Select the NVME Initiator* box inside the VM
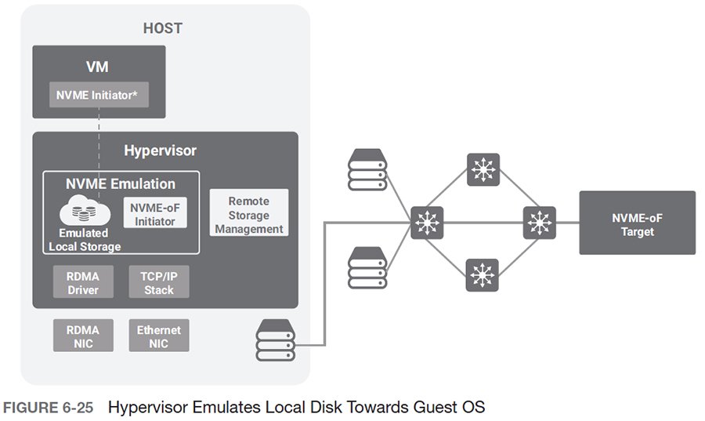pos(97,95)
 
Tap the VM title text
pos(97,67)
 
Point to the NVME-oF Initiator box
pos(155,212)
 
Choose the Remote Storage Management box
pos(249,216)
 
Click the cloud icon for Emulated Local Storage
pos(83,211)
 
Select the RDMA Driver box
pos(83,282)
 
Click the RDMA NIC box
pos(83,335)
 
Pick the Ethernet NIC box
pos(159,335)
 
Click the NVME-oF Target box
pos(637,223)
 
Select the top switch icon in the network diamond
pos(483,169)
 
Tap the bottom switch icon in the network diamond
pos(483,276)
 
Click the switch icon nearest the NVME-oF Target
pos(539,223)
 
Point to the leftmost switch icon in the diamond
pos(427,223)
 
